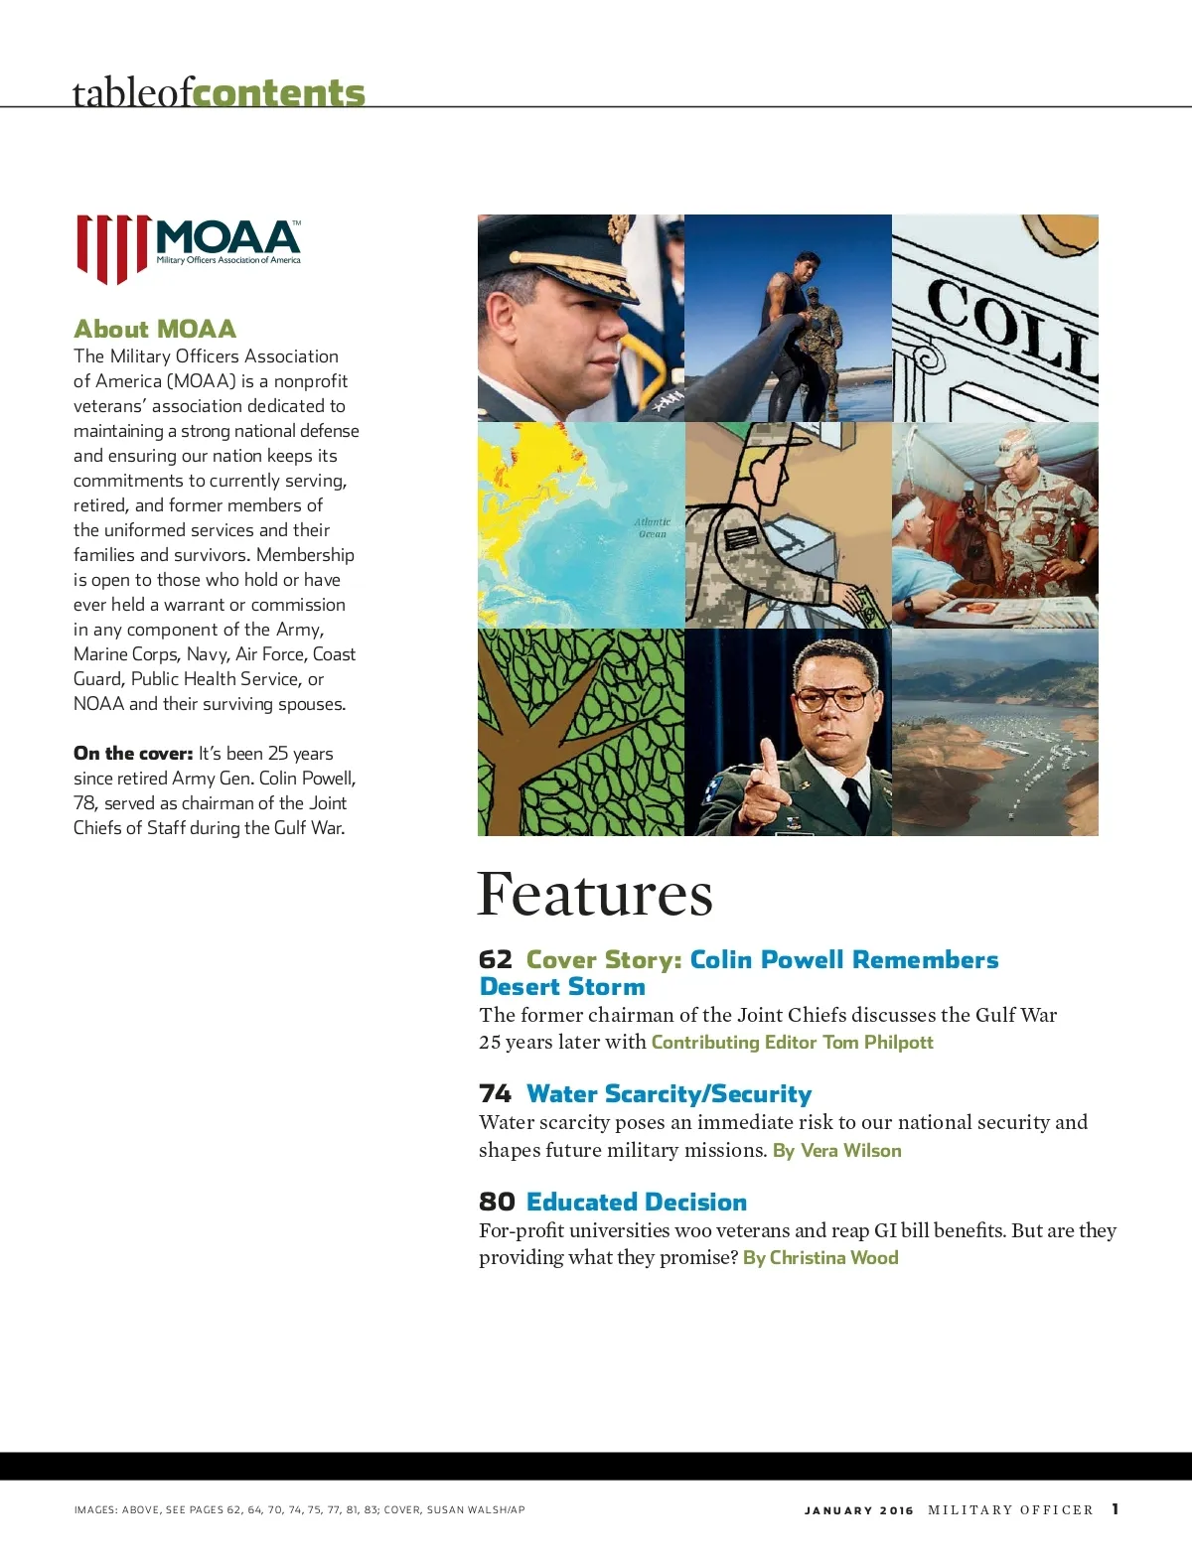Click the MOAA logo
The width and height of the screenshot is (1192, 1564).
point(189,248)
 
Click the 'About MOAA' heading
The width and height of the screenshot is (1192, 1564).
point(155,329)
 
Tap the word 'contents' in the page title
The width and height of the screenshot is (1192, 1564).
point(279,92)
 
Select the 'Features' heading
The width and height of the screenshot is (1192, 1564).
point(594,894)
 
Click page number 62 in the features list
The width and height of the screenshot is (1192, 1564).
point(495,959)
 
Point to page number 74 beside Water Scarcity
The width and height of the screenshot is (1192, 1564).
point(495,1093)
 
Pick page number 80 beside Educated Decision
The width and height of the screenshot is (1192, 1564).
point(497,1202)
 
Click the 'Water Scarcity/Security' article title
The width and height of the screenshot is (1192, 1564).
point(669,1093)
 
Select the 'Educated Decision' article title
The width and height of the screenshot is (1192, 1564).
point(636,1202)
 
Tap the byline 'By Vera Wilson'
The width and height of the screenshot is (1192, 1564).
point(837,1150)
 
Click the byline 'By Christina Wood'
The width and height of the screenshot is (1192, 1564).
point(820,1257)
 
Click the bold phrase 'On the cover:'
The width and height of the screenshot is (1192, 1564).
point(133,753)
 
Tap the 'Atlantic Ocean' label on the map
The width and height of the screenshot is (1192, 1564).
point(652,527)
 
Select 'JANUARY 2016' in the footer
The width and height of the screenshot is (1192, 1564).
point(858,1510)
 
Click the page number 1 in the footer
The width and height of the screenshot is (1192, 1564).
point(1116,1508)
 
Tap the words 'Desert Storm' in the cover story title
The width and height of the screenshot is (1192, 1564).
point(562,986)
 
